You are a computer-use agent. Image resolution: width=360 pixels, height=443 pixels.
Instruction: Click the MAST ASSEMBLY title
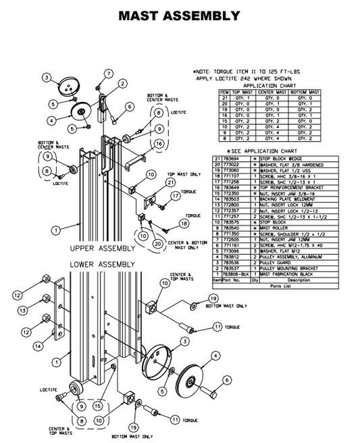click(179, 16)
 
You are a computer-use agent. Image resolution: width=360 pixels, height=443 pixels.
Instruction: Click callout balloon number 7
click(108, 74)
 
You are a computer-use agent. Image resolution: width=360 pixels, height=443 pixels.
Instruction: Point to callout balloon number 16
click(159, 144)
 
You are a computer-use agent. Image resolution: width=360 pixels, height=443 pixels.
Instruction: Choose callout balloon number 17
click(176, 196)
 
